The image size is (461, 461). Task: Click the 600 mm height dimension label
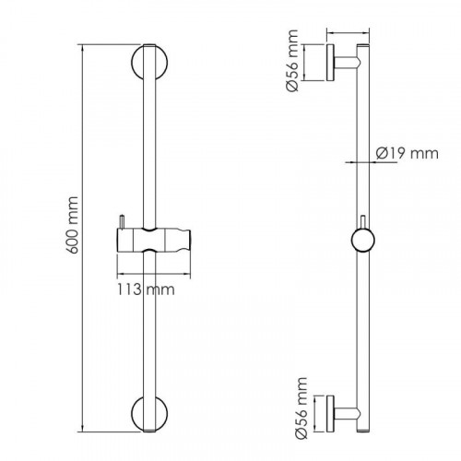pos(73,225)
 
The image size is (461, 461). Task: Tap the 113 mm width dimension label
pos(146,290)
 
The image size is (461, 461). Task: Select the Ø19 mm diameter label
pos(408,153)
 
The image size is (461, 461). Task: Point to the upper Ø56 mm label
pos(291,61)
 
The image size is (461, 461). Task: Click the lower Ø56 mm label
pos(301,408)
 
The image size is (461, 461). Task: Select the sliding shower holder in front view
pos(154,240)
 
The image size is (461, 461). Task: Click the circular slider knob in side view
pos(362,241)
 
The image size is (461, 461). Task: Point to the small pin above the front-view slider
pos(122,221)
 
